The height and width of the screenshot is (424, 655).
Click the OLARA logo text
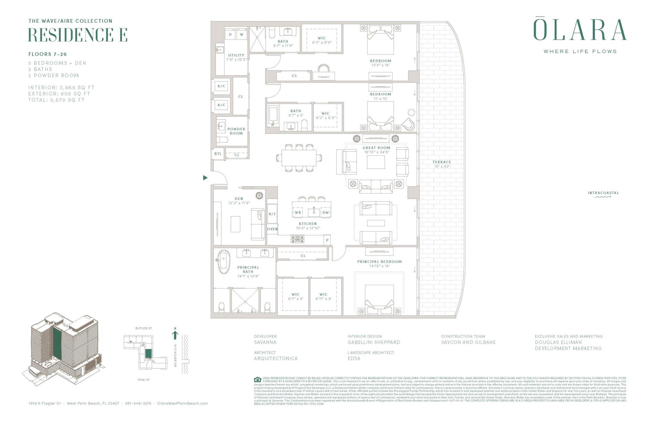click(580, 30)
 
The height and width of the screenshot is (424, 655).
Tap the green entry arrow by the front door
click(205, 178)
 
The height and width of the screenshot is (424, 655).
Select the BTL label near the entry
click(218, 154)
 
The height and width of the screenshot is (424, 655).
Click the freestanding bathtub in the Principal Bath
click(224, 262)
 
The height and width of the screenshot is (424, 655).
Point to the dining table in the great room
click(299, 158)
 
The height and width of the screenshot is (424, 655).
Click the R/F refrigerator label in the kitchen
click(272, 214)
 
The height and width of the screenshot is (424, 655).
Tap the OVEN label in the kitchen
click(272, 229)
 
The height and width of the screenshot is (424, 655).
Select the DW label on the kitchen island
click(326, 212)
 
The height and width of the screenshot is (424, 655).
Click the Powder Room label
click(236, 131)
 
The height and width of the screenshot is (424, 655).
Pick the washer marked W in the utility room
click(241, 35)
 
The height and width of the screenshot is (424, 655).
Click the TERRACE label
click(442, 162)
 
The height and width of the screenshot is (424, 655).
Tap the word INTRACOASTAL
click(603, 193)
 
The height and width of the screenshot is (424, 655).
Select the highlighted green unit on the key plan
click(148, 353)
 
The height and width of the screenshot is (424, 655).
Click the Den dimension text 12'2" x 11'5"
click(239, 203)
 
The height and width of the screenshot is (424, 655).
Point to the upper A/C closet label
click(221, 86)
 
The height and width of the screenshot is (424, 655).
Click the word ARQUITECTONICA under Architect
click(276, 358)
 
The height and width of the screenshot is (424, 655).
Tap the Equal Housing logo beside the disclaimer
click(257, 380)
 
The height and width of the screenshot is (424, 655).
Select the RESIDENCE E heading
click(78, 35)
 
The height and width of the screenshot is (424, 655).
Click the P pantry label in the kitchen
click(327, 240)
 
